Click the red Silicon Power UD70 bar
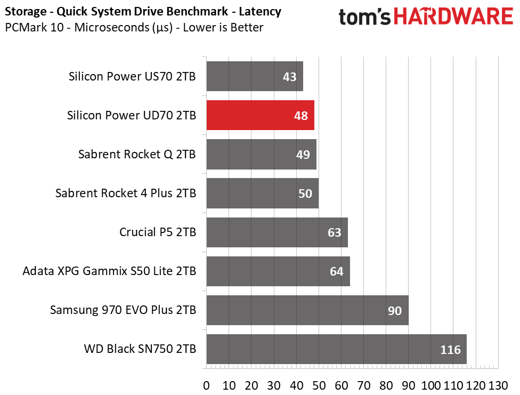pos(260,115)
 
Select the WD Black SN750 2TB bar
pos(336,349)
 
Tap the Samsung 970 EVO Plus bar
pos(307,310)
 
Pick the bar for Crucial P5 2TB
pos(277,232)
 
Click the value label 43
pos(290,77)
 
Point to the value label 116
pos(450,350)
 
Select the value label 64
pos(337,272)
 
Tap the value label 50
pos(305,194)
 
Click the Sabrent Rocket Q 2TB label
pos(137,155)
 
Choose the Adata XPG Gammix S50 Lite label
pos(109,271)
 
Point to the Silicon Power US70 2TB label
pos(132,76)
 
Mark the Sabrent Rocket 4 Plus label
pos(126,194)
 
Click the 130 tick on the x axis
pos(497,384)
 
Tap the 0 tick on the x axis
pos(207,384)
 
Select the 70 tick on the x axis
pos(364,384)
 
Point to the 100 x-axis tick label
pos(430,384)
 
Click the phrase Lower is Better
pos(223,27)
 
